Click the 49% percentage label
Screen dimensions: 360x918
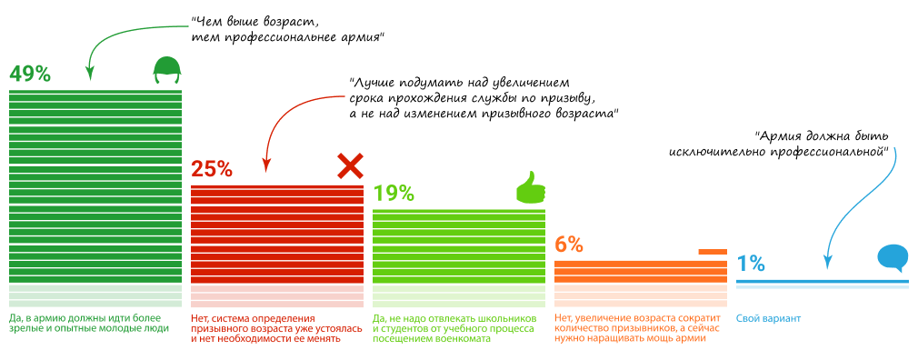pyautogui.click(x=30, y=74)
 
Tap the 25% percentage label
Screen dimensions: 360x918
pyautogui.click(x=212, y=168)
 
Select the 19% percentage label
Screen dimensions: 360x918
pyautogui.click(x=394, y=193)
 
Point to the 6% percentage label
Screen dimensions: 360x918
pyautogui.click(x=568, y=244)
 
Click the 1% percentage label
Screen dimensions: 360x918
pyautogui.click(x=750, y=264)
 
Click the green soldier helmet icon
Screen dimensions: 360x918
pyautogui.click(x=166, y=69)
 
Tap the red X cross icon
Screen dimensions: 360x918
pyautogui.click(x=350, y=165)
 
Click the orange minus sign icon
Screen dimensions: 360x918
pyautogui.click(x=713, y=251)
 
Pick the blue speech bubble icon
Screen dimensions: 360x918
pyautogui.click(x=893, y=258)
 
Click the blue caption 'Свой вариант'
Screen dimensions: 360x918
pyautogui.click(x=769, y=318)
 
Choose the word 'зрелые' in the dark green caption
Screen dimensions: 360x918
pyautogui.click(x=27, y=328)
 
